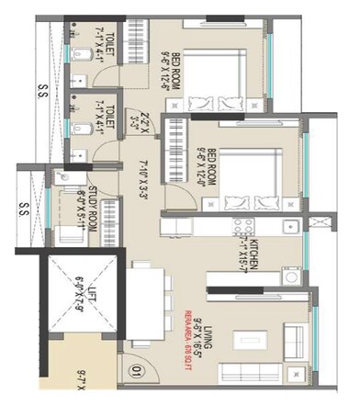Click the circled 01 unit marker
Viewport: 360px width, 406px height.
pyautogui.click(x=136, y=374)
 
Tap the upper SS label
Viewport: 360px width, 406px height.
pyautogui.click(x=40, y=92)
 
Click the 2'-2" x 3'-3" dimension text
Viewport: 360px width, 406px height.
pyautogui.click(x=133, y=122)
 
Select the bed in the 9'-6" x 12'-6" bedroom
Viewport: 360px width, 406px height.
pyautogui.click(x=224, y=69)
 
